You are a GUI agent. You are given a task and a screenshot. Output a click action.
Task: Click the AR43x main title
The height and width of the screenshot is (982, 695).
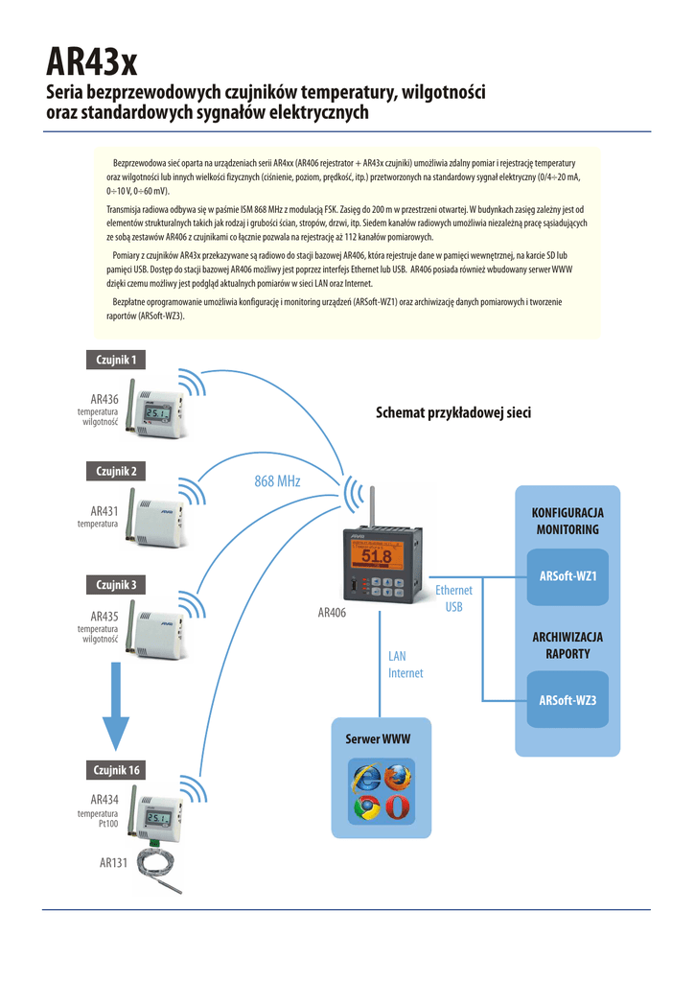point(92,63)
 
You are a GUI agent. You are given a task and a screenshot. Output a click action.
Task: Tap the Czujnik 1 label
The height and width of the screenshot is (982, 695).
point(116,360)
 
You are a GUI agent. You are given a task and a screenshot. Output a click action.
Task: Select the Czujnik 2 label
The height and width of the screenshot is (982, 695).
point(116,471)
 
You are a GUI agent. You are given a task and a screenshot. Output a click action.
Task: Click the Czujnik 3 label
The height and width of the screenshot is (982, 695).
point(116,584)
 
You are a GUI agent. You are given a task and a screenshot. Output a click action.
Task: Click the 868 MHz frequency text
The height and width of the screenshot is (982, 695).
point(277,480)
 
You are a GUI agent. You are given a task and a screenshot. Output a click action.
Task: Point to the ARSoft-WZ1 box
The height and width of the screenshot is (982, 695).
point(568,575)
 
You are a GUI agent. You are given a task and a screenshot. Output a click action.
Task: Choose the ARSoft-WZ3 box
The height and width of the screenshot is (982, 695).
point(568,701)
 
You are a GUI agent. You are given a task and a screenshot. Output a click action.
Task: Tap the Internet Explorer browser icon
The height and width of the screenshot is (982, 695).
point(367,778)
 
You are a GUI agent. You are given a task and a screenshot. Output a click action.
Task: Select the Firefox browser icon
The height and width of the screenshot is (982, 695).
point(397,778)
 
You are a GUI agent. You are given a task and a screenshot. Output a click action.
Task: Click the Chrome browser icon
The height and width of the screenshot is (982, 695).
point(367,808)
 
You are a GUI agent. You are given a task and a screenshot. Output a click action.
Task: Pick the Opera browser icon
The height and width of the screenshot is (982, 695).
point(397,808)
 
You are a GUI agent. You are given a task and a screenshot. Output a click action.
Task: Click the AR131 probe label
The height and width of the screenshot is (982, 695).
point(113,863)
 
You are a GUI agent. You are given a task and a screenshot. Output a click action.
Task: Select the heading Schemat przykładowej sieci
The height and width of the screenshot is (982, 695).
point(452,412)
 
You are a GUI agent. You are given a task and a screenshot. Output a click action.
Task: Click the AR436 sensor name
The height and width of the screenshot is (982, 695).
point(104,399)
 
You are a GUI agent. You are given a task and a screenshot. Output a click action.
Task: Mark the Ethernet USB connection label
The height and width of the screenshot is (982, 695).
point(454,599)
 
